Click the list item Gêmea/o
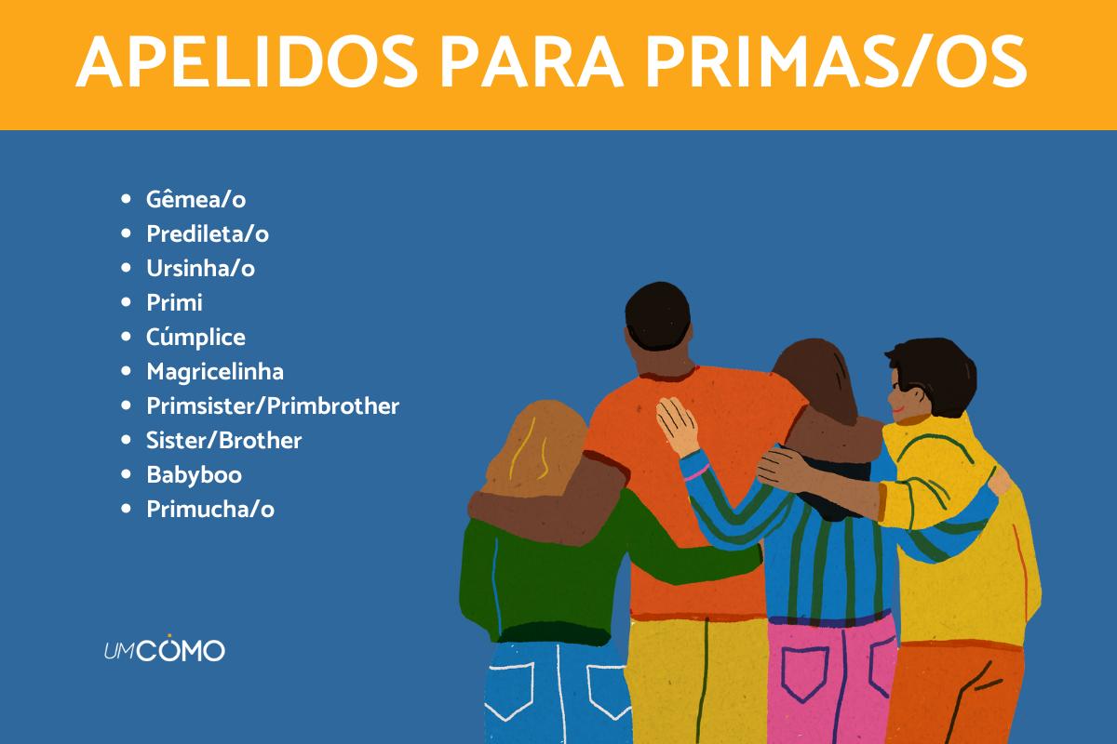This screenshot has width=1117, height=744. pyautogui.click(x=195, y=199)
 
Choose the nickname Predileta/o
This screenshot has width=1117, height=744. pyautogui.click(x=208, y=233)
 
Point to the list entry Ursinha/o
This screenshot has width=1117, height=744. pyautogui.click(x=200, y=268)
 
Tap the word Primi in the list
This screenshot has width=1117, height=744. pyautogui.click(x=174, y=302)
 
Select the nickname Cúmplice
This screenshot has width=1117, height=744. pyautogui.click(x=195, y=337)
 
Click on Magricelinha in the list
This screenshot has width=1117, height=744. pyautogui.click(x=215, y=371)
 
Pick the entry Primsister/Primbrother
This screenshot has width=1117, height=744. pyautogui.click(x=273, y=405)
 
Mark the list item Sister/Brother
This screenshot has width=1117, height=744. pyautogui.click(x=224, y=440)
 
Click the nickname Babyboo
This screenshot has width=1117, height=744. pyautogui.click(x=194, y=474)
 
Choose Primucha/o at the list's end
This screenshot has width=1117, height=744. pyautogui.click(x=210, y=509)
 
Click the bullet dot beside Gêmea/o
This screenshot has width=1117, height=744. pyautogui.click(x=127, y=199)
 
